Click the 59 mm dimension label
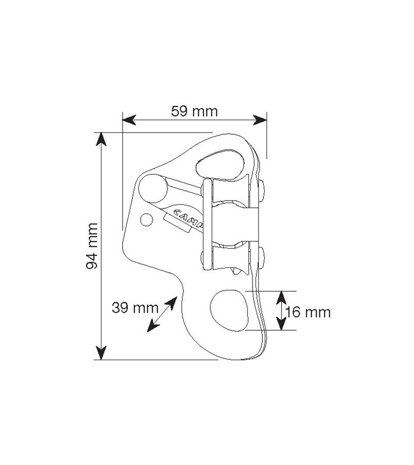click(x=194, y=111)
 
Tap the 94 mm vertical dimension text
click(x=93, y=246)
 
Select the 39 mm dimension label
click(x=135, y=308)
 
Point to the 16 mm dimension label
click(x=308, y=312)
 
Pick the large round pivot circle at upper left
click(x=151, y=187)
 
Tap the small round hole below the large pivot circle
click(x=147, y=220)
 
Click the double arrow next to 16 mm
click(x=280, y=310)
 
